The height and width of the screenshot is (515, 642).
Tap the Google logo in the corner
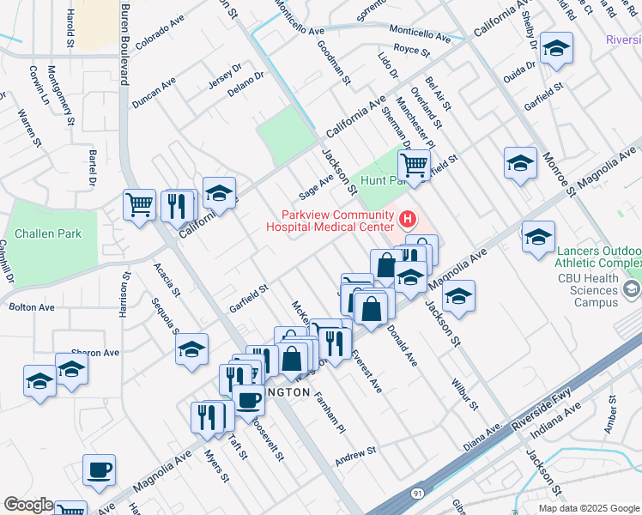28,505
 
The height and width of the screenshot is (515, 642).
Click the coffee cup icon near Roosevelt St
248,399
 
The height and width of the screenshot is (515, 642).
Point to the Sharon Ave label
95,353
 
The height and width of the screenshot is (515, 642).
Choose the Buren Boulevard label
124,41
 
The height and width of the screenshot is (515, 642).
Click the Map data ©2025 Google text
588,508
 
